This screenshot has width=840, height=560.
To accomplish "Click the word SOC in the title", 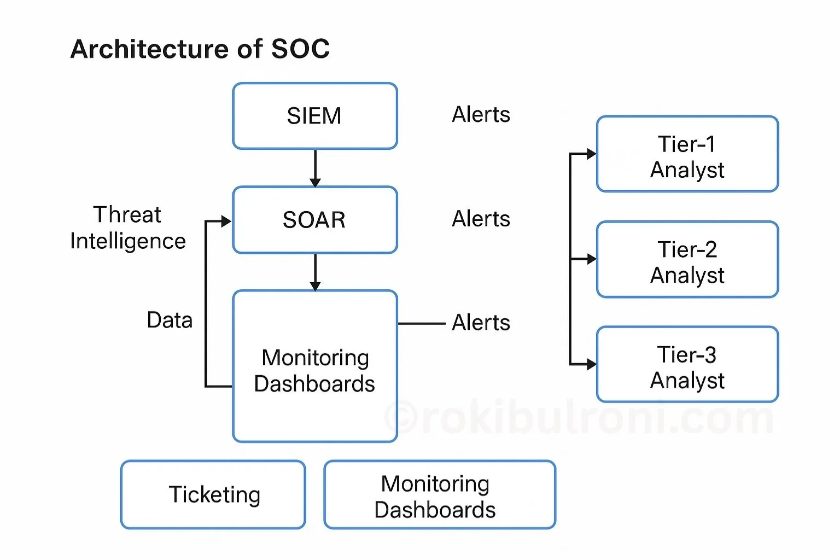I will tap(300, 49).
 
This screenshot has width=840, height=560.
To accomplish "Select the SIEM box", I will tap(314, 116).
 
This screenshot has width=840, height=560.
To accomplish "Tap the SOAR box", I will tap(314, 220).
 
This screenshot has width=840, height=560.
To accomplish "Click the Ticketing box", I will tap(213, 494).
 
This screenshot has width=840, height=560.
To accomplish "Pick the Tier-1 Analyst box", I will tap(687, 154).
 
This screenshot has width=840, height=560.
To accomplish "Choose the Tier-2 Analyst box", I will tap(687, 260).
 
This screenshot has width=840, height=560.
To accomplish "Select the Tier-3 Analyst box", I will tap(687, 365).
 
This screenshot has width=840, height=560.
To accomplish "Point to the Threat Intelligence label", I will tap(127, 227).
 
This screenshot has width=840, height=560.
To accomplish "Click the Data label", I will tap(170, 320).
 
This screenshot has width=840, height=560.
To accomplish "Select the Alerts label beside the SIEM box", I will tap(481, 115).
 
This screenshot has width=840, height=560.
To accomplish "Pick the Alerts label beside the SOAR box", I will tap(481, 219).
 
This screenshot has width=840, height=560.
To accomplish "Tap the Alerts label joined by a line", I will tap(481, 323).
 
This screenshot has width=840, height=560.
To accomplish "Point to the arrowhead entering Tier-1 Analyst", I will tap(591, 154).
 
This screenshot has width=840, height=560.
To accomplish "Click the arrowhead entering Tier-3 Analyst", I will tap(591, 364).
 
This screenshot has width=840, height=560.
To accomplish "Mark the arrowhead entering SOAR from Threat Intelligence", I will tap(226, 221).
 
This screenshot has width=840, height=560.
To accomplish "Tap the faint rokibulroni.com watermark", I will tap(580, 418).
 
